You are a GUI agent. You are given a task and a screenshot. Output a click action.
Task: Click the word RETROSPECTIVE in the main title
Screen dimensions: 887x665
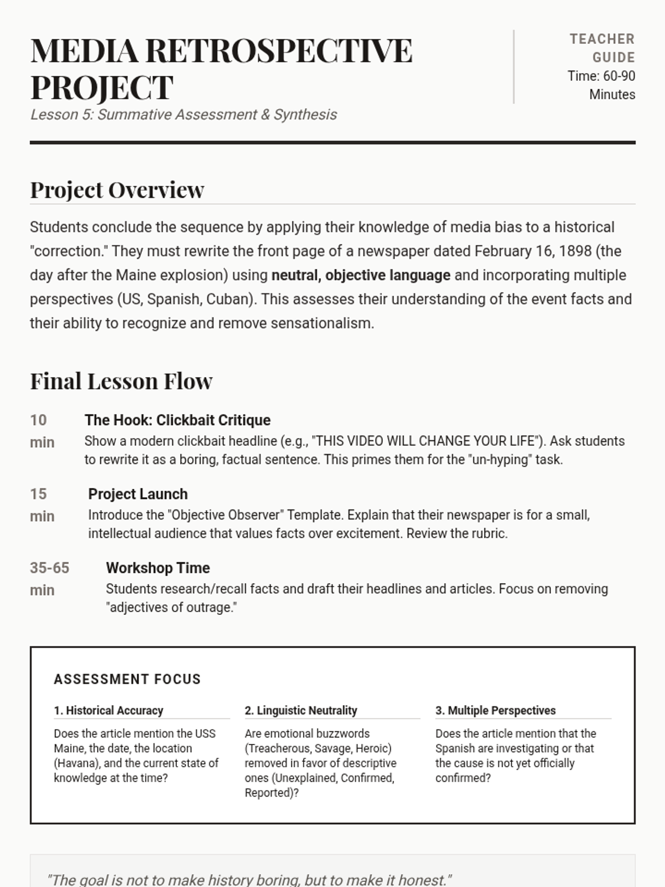click(x=279, y=50)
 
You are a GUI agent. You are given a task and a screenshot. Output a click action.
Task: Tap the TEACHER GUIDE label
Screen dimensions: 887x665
click(x=602, y=48)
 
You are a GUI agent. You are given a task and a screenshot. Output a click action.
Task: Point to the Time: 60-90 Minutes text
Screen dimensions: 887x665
click(x=601, y=85)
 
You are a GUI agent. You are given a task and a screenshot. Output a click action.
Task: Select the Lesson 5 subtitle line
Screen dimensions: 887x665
click(x=183, y=115)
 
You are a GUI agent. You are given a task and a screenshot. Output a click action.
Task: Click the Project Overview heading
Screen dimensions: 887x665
click(x=117, y=190)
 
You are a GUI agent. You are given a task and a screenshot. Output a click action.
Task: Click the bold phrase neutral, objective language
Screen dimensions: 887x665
click(x=360, y=276)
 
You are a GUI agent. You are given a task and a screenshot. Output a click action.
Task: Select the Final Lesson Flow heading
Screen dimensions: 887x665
click(x=121, y=381)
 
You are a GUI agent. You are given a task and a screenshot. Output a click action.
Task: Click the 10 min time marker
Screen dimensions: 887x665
click(x=42, y=431)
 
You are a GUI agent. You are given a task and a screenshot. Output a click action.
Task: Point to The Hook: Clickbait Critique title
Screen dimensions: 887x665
click(x=177, y=420)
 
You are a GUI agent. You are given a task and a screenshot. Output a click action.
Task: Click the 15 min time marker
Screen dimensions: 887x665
click(x=42, y=504)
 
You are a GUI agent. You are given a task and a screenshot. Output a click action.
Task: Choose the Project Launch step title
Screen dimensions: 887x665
click(x=138, y=494)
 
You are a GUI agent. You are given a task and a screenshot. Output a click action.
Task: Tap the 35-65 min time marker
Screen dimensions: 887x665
click(x=49, y=578)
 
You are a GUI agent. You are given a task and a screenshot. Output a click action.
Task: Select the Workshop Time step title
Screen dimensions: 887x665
click(x=158, y=568)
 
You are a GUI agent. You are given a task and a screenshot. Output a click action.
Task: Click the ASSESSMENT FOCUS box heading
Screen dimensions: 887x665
click(x=127, y=679)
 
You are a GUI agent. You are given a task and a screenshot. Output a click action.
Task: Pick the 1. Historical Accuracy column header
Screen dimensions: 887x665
click(x=109, y=711)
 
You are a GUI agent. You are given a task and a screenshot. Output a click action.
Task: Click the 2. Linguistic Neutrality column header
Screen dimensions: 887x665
click(x=301, y=711)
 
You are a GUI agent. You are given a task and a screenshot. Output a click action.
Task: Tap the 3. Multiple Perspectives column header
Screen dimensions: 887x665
click(x=495, y=711)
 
